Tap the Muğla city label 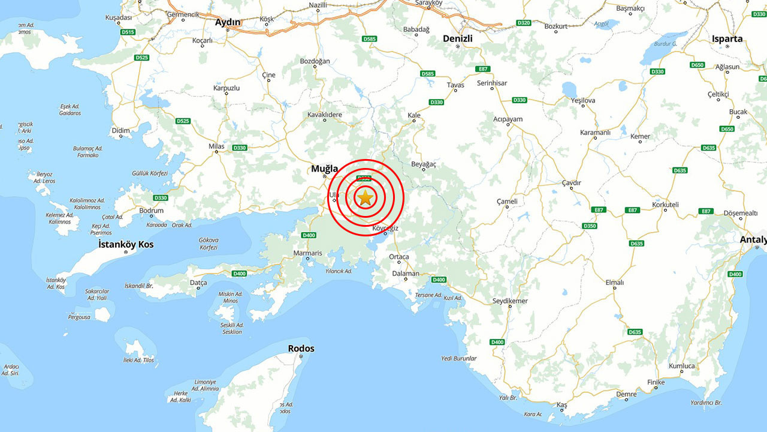click(x=324, y=169)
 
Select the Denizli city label click(x=457, y=38)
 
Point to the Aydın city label click(x=228, y=22)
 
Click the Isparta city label click(x=727, y=39)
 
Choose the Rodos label click(x=301, y=349)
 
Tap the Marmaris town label click(x=307, y=253)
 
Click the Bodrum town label click(x=151, y=211)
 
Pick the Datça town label click(x=198, y=283)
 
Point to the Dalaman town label click(x=406, y=274)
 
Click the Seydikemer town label click(x=510, y=301)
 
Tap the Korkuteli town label click(x=665, y=205)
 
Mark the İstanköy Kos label click(x=126, y=245)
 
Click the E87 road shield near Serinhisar click(x=483, y=69)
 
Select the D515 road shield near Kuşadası click(x=128, y=32)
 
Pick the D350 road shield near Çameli click(x=590, y=226)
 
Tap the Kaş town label click(x=561, y=406)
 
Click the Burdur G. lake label click(x=665, y=44)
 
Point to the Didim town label click(x=121, y=130)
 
